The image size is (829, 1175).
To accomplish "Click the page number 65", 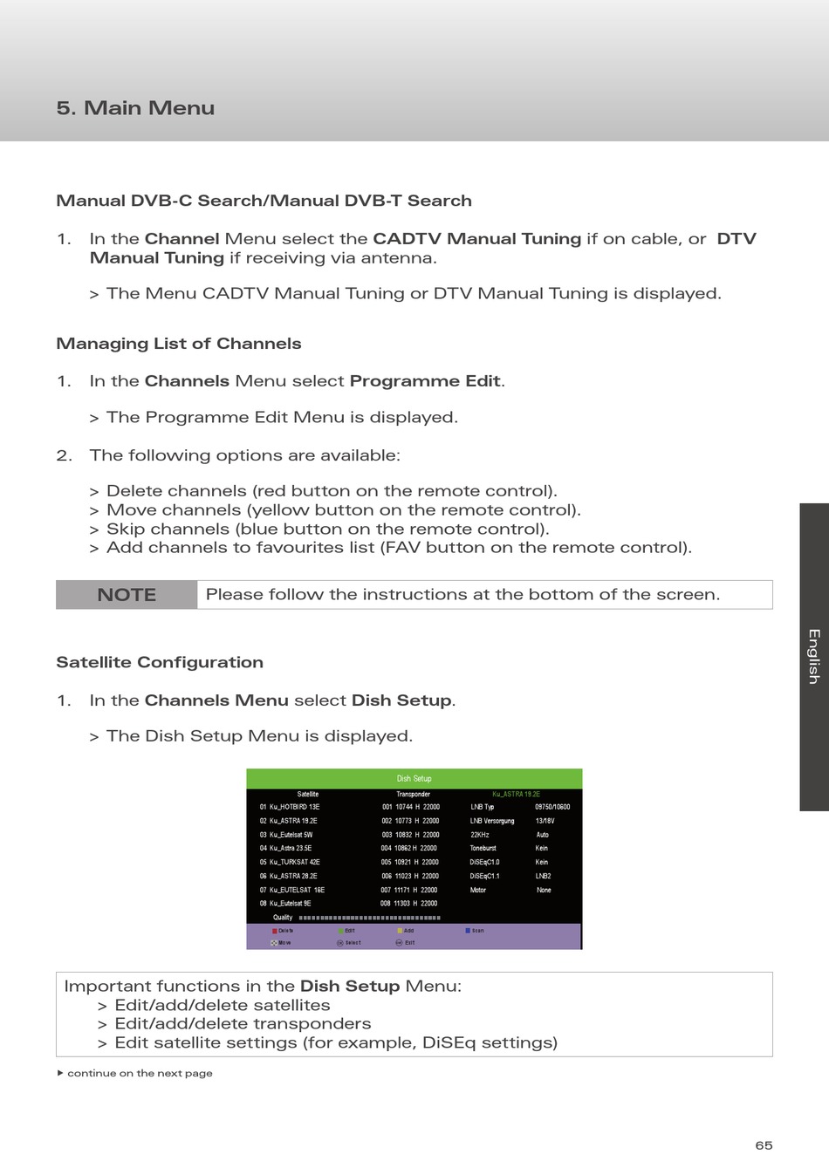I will click(x=764, y=1145).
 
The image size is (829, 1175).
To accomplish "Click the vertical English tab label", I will click(x=813, y=656).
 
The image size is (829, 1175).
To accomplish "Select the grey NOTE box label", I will click(x=127, y=595).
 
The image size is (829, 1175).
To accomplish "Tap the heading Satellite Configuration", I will click(x=160, y=662).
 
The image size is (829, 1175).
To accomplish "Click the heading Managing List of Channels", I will click(x=179, y=344).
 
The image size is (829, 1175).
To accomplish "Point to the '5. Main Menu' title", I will click(x=135, y=108).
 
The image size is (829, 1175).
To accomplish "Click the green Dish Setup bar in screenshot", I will click(x=414, y=778).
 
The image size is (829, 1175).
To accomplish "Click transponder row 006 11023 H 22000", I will click(x=410, y=876).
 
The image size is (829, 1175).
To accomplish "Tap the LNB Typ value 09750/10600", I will click(x=552, y=807).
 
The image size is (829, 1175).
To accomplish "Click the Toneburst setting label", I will click(x=483, y=848).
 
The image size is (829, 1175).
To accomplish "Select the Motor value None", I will click(x=544, y=890).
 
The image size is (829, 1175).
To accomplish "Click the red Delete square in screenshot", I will click(x=275, y=931).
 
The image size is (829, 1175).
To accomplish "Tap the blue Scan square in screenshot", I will click(x=469, y=931).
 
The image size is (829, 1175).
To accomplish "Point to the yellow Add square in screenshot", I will click(x=400, y=931).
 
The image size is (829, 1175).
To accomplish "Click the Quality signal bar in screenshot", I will click(x=369, y=918).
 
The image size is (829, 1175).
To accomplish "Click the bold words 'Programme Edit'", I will click(x=425, y=381).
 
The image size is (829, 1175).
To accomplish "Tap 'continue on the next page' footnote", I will click(x=140, y=1073).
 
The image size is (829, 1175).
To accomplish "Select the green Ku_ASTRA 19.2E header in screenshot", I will click(x=516, y=794).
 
